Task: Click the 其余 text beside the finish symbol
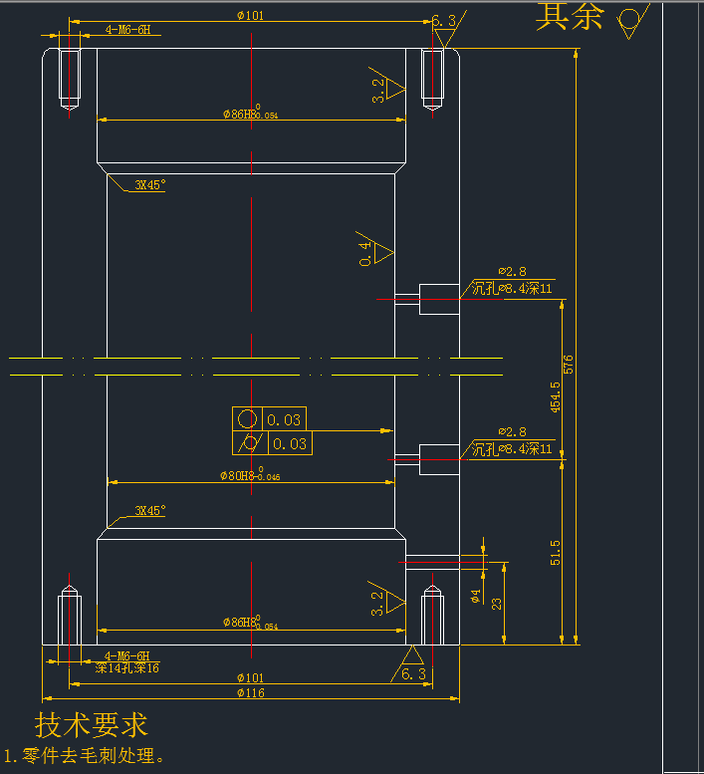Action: click(570, 16)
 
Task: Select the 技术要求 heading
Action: click(92, 724)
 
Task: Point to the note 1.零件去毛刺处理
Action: click(84, 756)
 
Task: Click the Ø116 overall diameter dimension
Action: click(251, 693)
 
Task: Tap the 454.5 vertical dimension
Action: click(556, 396)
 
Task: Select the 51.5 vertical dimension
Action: click(556, 553)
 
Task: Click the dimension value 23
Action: click(497, 602)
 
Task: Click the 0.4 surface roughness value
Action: click(366, 253)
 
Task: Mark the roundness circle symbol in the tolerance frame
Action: click(248, 419)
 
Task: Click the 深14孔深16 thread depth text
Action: click(126, 668)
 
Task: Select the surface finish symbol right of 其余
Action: click(630, 20)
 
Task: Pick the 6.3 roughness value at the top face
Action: click(444, 21)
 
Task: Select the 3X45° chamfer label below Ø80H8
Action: click(150, 511)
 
